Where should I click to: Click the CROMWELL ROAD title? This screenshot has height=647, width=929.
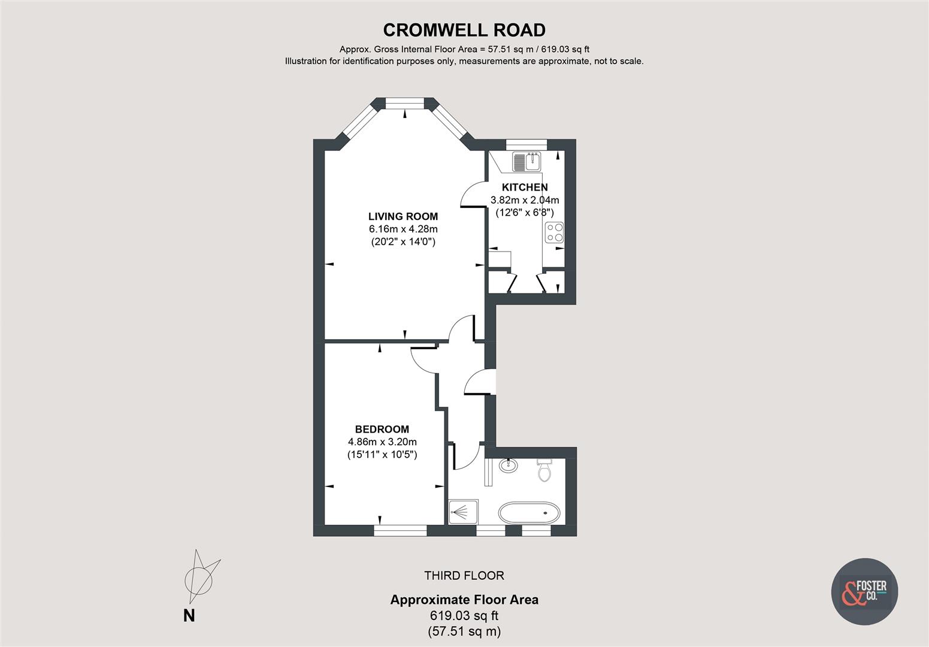(464, 31)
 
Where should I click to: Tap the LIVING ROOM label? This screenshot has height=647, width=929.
(403, 216)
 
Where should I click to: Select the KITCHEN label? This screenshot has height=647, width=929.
(525, 187)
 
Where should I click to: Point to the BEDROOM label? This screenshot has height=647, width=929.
(382, 430)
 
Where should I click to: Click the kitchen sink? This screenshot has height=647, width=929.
(526, 162)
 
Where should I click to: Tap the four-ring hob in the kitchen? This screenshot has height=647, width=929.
(555, 232)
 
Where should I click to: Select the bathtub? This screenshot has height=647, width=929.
(529, 513)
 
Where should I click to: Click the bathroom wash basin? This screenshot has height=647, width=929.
(508, 465)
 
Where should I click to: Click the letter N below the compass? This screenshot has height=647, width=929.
(189, 616)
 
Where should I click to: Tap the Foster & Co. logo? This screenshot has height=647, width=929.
(865, 591)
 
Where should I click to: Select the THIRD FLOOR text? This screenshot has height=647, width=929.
(464, 576)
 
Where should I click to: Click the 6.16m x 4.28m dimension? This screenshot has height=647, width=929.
(403, 229)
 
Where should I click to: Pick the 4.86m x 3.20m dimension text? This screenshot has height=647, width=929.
(382, 442)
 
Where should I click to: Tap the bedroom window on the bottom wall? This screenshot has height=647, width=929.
(400, 531)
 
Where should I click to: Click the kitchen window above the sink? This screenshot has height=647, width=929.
(526, 144)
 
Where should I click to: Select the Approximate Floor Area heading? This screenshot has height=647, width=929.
(464, 600)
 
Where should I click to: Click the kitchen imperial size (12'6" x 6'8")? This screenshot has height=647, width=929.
(525, 213)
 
